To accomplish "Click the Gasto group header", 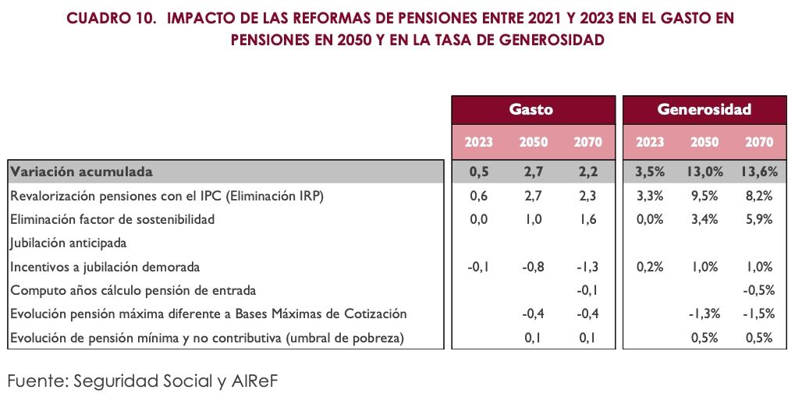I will pos(531,109).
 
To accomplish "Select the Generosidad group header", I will pos(704,109).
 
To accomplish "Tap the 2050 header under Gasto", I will pos(534,142).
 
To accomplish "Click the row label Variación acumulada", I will pos(81,172).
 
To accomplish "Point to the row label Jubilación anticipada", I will pos(69,243).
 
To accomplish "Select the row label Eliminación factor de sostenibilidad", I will pos(112,219).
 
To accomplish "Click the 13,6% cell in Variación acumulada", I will pos(756,172).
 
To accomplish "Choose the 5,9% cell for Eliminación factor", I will pos(758,219).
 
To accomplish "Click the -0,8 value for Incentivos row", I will pos(534,266).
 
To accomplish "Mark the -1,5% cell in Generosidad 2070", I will pos(756,314).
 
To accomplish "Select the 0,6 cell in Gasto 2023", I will pos(478,196).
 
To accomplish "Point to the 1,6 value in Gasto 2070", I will pos(588,219).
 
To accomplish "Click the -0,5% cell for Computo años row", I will pos(756,290).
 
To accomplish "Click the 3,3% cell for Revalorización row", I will pos(650,196).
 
